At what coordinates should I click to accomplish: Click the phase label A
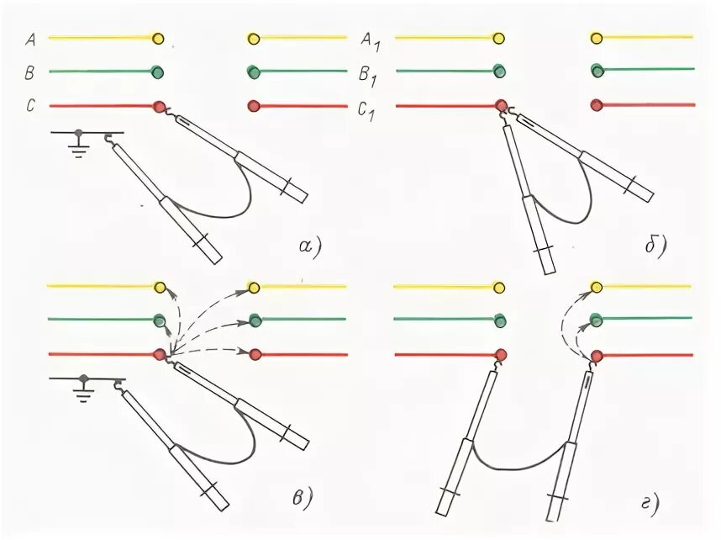(x=30, y=38)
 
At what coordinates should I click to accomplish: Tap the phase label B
(x=30, y=73)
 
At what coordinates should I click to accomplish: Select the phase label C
(x=30, y=107)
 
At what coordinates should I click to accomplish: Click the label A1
(x=370, y=40)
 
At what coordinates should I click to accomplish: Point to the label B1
(x=370, y=75)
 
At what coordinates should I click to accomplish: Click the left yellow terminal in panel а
(x=158, y=38)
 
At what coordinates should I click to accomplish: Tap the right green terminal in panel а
(x=254, y=72)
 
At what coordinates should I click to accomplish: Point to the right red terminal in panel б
(x=597, y=106)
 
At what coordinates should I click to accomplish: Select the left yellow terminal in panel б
(x=500, y=38)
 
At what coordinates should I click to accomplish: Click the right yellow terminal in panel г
(x=597, y=288)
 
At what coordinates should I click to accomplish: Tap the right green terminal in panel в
(x=255, y=320)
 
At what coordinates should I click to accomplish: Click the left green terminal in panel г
(x=500, y=320)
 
